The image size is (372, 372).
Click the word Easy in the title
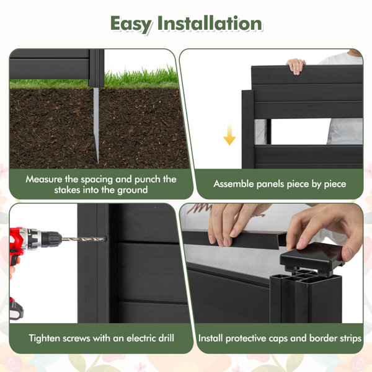[x=131, y=24]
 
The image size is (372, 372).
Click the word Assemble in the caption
[x=235, y=184]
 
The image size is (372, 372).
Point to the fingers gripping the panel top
[x=297, y=64]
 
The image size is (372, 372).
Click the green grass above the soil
[x=143, y=78]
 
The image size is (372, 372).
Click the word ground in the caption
[x=132, y=190]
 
